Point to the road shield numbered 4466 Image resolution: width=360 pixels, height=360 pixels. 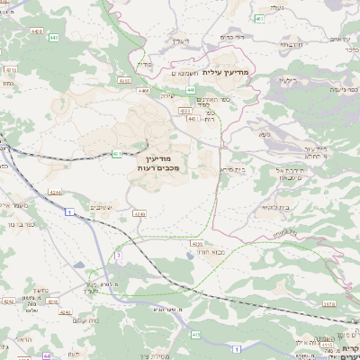pyautogui.click(x=143, y=90)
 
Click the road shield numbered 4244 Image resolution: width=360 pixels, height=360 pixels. pyautogui.click(x=55, y=192)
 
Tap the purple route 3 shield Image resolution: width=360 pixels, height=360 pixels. pyautogui.click(x=117, y=255)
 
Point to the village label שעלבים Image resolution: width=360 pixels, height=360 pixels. pyautogui.click(x=102, y=206)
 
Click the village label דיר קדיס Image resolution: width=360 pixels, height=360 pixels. pyautogui.click(x=233, y=37)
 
